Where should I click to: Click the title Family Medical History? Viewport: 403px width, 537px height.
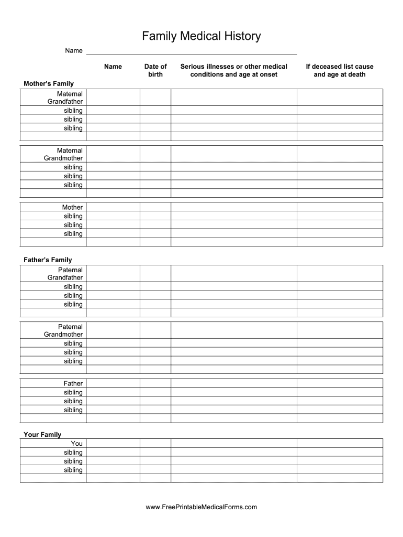(x=201, y=36)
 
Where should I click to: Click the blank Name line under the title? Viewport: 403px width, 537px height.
(x=191, y=51)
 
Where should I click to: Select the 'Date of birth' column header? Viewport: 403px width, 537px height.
(x=155, y=70)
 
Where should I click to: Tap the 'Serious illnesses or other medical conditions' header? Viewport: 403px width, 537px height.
(x=234, y=70)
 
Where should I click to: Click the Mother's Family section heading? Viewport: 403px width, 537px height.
(x=49, y=83)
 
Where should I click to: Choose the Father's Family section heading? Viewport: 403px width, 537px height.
(x=48, y=260)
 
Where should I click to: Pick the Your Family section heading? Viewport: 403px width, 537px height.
(x=42, y=434)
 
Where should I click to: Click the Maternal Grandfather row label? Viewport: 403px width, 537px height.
(x=65, y=98)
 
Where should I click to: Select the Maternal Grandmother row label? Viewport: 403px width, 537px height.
(x=63, y=154)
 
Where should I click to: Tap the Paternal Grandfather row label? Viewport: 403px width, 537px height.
(x=65, y=274)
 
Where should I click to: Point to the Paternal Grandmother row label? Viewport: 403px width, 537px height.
(x=63, y=330)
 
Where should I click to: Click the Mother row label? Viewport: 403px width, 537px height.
(x=72, y=207)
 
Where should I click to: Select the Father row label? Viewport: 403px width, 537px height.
(x=73, y=383)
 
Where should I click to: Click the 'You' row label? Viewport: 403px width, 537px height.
(x=77, y=443)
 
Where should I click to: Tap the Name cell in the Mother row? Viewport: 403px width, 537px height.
(x=113, y=207)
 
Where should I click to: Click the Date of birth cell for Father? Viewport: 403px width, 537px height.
(x=155, y=383)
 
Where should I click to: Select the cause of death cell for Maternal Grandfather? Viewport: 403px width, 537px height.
(x=340, y=98)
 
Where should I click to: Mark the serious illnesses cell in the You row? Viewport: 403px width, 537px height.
(x=234, y=443)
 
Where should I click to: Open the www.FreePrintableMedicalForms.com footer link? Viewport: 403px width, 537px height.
(x=201, y=507)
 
